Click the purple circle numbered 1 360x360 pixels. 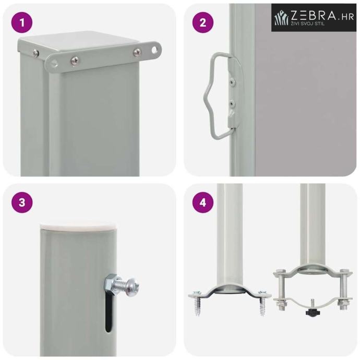tap(22, 22)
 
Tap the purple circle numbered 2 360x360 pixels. tap(203, 22)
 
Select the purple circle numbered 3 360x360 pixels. tap(22, 202)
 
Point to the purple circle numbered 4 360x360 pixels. tap(203, 202)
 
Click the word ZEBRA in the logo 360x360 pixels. tap(314, 15)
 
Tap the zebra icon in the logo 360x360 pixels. tap(282, 17)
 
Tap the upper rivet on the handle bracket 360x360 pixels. tap(233, 81)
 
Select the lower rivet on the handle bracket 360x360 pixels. tap(233, 103)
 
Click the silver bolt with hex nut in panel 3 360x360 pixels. tap(122, 285)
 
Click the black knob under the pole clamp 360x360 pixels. tap(312, 311)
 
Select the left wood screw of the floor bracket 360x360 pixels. tap(198, 303)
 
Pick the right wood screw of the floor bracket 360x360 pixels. tap(262, 303)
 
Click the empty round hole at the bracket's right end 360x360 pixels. tap(155, 50)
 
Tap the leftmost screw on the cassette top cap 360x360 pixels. tap(35, 53)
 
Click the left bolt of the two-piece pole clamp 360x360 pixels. tap(281, 289)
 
